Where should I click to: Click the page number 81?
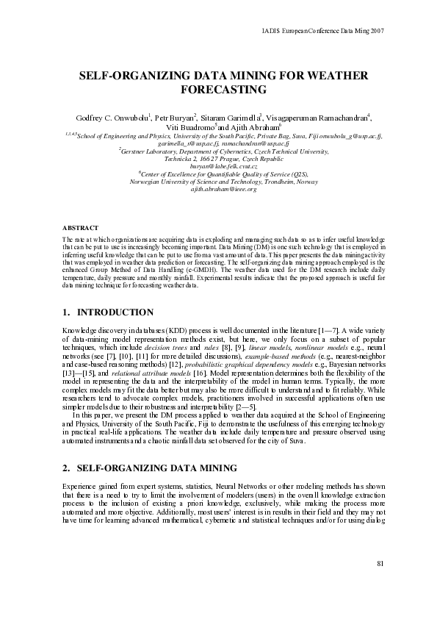[x=380, y=564]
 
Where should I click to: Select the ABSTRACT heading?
[x=75, y=229]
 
